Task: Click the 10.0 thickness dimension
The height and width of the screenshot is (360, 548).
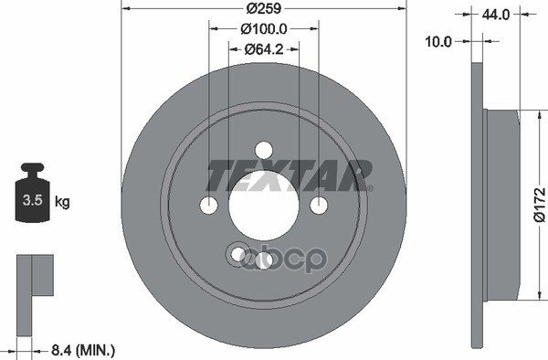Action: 441,41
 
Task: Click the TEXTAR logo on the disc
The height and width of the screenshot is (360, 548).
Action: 289,175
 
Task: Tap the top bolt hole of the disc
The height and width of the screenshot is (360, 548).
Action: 263,150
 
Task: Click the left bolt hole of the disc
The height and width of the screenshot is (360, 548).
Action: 209,205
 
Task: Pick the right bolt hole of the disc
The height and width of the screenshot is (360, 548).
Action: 318,205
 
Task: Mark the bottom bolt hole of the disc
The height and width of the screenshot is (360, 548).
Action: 264,260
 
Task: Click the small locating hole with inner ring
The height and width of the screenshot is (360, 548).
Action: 238,253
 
